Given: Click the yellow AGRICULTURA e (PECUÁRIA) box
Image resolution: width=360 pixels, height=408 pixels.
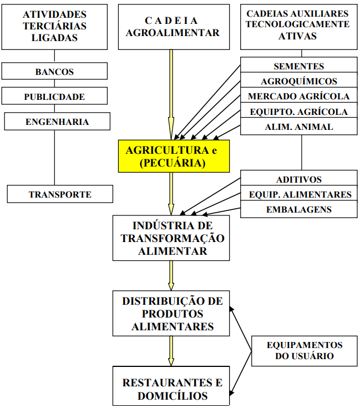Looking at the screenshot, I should click(x=173, y=157).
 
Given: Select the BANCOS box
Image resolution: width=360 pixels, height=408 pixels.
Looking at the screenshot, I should click(x=54, y=72).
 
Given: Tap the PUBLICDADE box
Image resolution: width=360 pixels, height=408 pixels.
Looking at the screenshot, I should click(x=54, y=97).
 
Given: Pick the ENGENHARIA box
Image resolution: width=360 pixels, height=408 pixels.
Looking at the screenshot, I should click(x=57, y=122).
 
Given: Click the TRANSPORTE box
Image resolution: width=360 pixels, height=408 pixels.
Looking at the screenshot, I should click(x=60, y=194).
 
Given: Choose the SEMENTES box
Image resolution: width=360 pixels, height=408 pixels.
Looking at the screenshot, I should click(x=298, y=66).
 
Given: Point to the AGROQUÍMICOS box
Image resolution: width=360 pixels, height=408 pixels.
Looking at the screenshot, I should click(x=298, y=81).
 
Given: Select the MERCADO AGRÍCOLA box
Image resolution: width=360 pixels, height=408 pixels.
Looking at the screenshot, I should click(x=298, y=96).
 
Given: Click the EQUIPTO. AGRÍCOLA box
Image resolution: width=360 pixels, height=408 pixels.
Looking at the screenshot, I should click(x=298, y=112).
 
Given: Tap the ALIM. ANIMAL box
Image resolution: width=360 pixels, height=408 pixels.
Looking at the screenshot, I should click(x=298, y=127).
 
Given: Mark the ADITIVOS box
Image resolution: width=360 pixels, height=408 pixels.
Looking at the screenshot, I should click(x=298, y=179).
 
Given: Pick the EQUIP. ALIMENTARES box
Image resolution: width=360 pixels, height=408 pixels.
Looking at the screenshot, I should click(x=298, y=194).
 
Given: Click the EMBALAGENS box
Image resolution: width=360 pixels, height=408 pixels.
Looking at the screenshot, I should click(x=298, y=209).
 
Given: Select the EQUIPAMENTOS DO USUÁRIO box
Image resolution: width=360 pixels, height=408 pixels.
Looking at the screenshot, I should click(x=304, y=350).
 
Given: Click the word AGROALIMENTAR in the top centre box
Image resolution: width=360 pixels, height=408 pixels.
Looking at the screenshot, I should click(x=173, y=32).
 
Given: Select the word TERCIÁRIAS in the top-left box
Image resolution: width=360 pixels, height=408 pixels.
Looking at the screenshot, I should click(x=54, y=26).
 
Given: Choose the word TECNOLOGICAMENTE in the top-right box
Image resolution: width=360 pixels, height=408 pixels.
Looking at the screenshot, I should click(x=298, y=24).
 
